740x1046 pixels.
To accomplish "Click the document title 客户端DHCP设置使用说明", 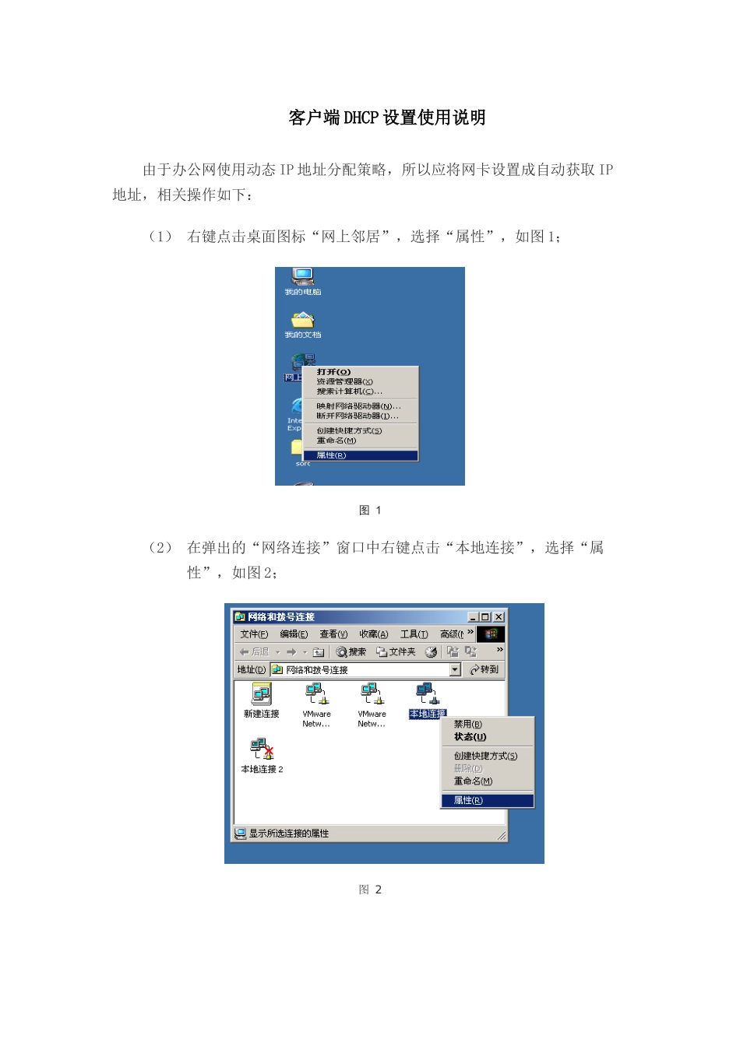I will (x=387, y=118).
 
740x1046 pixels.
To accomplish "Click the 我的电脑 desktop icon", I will (x=302, y=279).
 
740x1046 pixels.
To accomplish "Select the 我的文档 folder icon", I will (x=302, y=321).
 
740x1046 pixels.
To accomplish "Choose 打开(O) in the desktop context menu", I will (x=333, y=372).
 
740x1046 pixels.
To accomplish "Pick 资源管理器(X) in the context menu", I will (x=344, y=381).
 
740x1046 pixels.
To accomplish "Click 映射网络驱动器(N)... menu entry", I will (x=358, y=406).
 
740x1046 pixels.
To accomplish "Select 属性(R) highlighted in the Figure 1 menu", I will (x=331, y=455).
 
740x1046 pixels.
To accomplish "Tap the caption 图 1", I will (x=370, y=511).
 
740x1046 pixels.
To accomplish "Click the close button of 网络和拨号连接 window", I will (x=499, y=617).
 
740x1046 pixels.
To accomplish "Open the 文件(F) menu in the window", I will (x=254, y=634).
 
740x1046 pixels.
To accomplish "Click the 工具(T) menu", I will (x=414, y=634).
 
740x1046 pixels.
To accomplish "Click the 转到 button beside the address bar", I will (x=484, y=669).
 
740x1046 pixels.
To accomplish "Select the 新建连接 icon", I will (x=261, y=696).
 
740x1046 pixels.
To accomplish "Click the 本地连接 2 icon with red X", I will (x=263, y=750).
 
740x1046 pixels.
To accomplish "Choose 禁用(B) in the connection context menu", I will (x=468, y=725).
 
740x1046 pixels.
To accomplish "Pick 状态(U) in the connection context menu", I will (x=470, y=737).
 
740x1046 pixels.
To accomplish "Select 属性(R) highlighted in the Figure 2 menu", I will (x=468, y=800).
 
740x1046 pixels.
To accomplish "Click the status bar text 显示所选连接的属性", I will (x=288, y=834).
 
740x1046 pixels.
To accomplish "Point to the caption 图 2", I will (x=370, y=890).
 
